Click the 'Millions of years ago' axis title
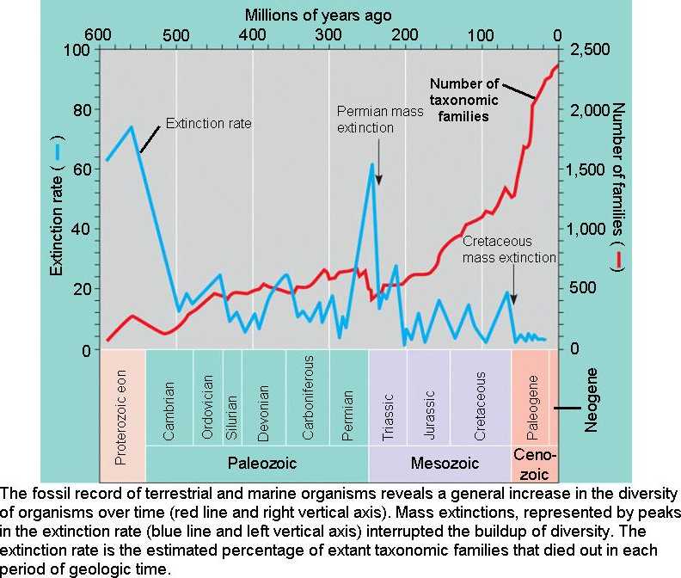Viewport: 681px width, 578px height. point(318,15)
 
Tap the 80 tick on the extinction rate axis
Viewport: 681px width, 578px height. point(82,110)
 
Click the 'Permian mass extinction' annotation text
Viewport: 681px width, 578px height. point(377,120)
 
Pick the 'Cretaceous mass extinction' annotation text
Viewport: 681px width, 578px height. point(509,249)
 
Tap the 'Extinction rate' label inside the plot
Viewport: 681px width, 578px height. point(208,123)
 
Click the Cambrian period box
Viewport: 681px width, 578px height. point(169,397)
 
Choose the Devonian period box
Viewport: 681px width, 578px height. point(263,397)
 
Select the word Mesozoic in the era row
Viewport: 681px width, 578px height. point(439,463)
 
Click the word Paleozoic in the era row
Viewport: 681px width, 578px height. point(261,463)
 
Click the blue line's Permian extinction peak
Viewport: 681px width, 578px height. point(372,164)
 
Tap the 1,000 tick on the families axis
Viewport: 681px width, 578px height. point(591,230)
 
